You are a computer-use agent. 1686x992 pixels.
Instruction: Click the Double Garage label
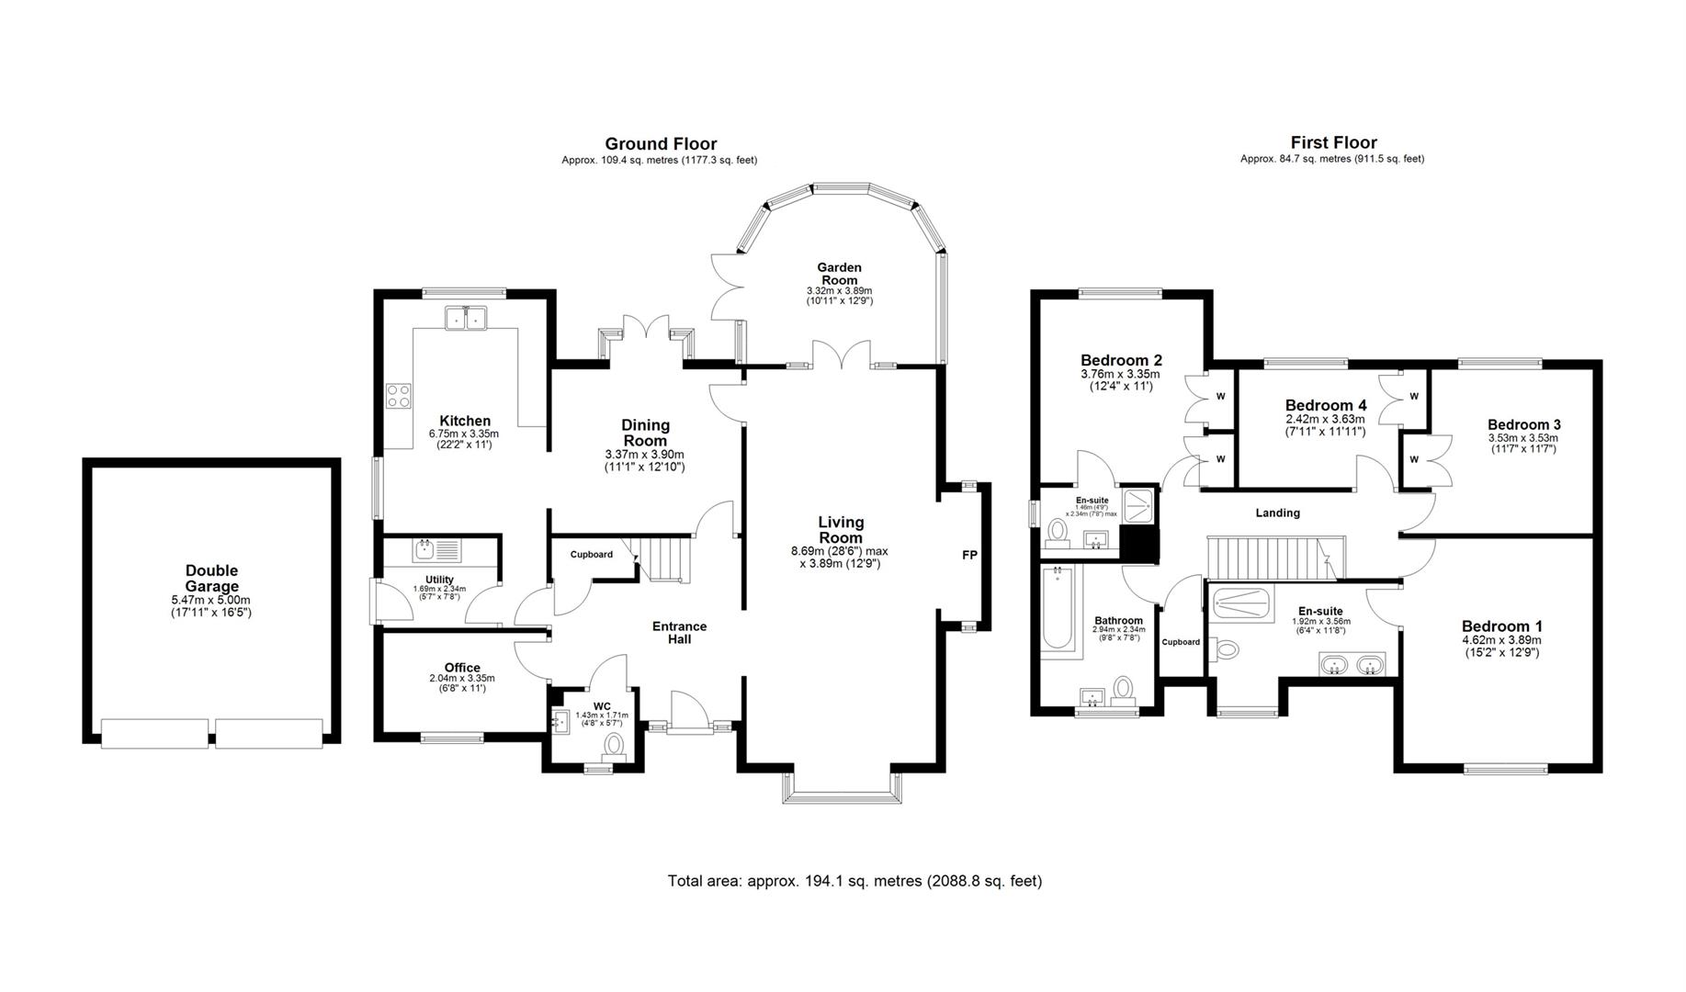211,579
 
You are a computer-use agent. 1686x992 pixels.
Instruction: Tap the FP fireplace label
970,555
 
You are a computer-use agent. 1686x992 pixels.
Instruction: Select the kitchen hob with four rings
399,396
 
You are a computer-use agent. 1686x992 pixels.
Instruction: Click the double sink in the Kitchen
466,319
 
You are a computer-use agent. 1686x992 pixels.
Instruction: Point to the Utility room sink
424,550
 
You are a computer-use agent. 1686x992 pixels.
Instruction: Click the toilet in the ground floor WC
614,744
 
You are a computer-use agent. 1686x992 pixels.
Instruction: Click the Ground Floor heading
661,143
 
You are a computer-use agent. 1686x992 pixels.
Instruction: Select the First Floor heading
1333,142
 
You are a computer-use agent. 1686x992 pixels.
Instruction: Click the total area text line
854,881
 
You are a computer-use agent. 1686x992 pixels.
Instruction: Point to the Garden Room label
839,274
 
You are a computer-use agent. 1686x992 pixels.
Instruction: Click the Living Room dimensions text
840,558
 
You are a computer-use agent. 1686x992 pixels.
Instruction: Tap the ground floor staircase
663,558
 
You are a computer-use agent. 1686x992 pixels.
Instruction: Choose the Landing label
1277,513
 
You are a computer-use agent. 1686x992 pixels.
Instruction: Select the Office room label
462,668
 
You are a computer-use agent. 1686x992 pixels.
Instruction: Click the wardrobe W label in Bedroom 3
1413,459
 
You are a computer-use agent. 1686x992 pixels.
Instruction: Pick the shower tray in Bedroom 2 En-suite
1140,503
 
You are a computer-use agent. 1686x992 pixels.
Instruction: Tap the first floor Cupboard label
1181,642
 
